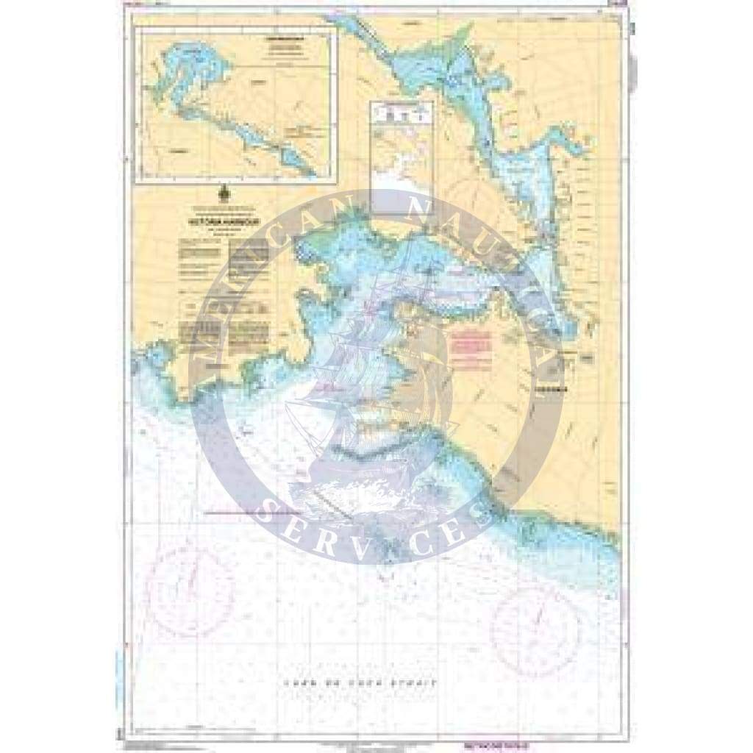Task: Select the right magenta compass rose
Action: pyautogui.click(x=535, y=619)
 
